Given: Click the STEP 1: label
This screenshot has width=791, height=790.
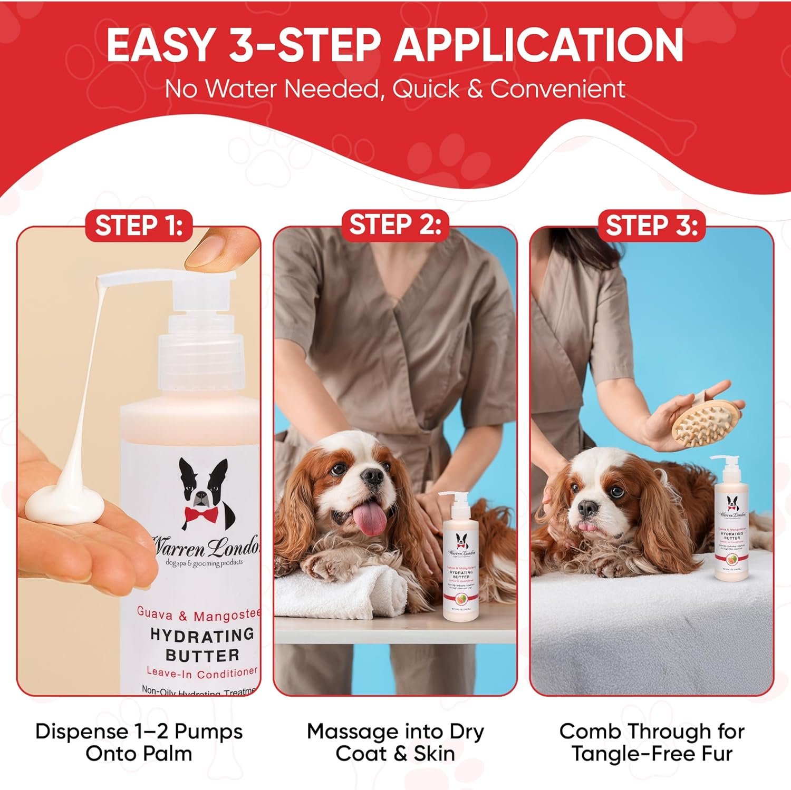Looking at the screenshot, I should (x=139, y=226).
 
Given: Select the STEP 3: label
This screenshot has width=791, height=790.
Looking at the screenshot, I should (x=651, y=226).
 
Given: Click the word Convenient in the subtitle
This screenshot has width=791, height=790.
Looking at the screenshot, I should (x=558, y=89).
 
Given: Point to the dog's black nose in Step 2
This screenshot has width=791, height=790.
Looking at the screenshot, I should (x=373, y=476).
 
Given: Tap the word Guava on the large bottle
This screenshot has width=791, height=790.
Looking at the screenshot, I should (x=156, y=612).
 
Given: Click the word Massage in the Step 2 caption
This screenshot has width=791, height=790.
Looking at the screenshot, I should (x=353, y=732).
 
